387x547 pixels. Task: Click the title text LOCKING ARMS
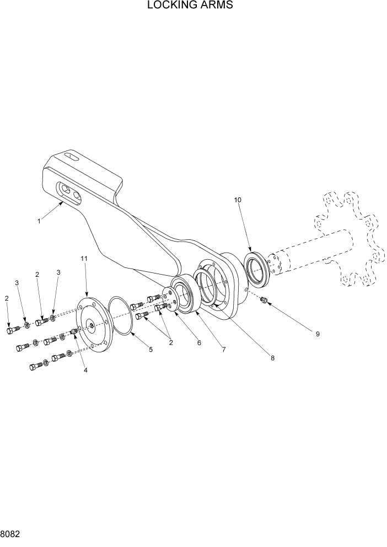190,6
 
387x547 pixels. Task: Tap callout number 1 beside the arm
39,222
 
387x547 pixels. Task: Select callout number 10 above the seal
238,200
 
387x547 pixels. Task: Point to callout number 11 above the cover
84,259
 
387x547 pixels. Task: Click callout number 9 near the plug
318,334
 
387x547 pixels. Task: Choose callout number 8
272,357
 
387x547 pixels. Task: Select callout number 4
85,370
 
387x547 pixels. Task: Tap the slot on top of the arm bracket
71,157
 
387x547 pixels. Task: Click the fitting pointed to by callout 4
74,332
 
